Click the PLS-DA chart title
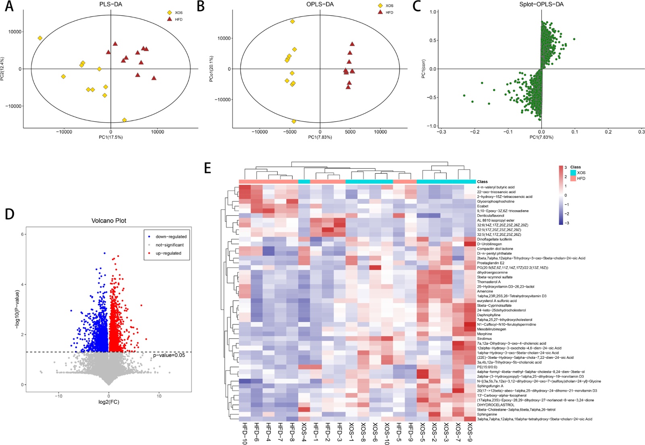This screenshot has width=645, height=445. coord(110,5)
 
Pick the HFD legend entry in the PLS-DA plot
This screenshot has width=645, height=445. coord(179,19)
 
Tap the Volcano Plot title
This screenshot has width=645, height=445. coord(108,221)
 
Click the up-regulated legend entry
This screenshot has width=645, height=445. coord(168,253)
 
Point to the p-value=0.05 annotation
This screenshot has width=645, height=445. coord(169,355)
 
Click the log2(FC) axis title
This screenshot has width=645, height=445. coord(108,402)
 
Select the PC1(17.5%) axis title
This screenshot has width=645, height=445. coord(110,137)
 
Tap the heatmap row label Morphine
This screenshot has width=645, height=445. coord(484,334)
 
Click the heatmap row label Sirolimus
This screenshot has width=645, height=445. coord(484,339)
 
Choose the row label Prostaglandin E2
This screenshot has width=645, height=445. coord(490,263)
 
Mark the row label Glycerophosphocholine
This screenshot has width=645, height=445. coord(495,201)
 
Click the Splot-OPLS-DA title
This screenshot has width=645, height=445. coord(541,5)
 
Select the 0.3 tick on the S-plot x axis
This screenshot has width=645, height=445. coord(641,132)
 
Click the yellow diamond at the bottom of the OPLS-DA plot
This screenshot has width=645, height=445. coord(294,121)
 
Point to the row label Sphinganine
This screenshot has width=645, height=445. coord(487,414)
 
